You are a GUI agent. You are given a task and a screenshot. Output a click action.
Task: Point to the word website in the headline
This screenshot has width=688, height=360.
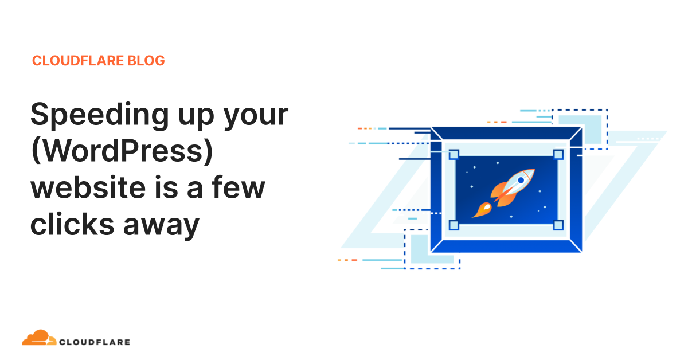[x=95, y=188]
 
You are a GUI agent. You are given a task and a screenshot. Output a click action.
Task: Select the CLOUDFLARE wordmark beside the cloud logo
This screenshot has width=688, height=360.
[x=95, y=342]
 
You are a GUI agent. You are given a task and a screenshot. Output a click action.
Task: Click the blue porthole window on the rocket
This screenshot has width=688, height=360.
[x=521, y=180]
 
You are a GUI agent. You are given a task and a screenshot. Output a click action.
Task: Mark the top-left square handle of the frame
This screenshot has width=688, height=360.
[x=454, y=155]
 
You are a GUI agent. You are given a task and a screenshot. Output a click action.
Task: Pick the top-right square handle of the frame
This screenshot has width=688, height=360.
[x=558, y=155]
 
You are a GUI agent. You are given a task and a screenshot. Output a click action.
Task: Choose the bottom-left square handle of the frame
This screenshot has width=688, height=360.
[x=454, y=225]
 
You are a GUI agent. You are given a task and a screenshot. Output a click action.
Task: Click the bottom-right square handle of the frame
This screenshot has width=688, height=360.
[x=558, y=225]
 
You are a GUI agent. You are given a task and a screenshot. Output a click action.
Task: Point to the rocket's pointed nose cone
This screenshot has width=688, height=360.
[x=531, y=171]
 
